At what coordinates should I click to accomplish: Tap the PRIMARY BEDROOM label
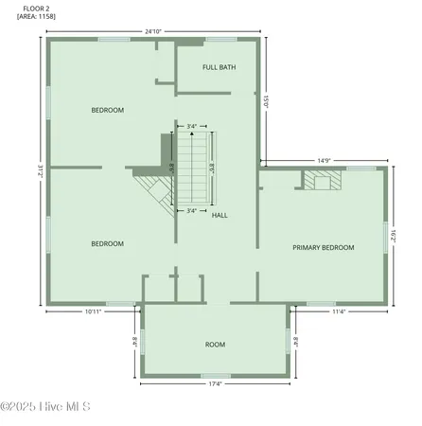coord(323,247)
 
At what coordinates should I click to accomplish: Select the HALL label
coord(220,215)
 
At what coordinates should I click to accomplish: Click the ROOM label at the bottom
coord(215,344)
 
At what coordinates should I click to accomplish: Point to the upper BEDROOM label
coord(107,110)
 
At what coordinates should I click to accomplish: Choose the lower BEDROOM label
coord(107,243)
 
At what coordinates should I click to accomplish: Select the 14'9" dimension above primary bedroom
coord(323,160)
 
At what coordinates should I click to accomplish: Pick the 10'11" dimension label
coord(93,311)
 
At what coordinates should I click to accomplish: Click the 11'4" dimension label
coord(339,311)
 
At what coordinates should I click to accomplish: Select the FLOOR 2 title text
coord(35,8)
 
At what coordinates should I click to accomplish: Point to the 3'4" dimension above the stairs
coord(192,126)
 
